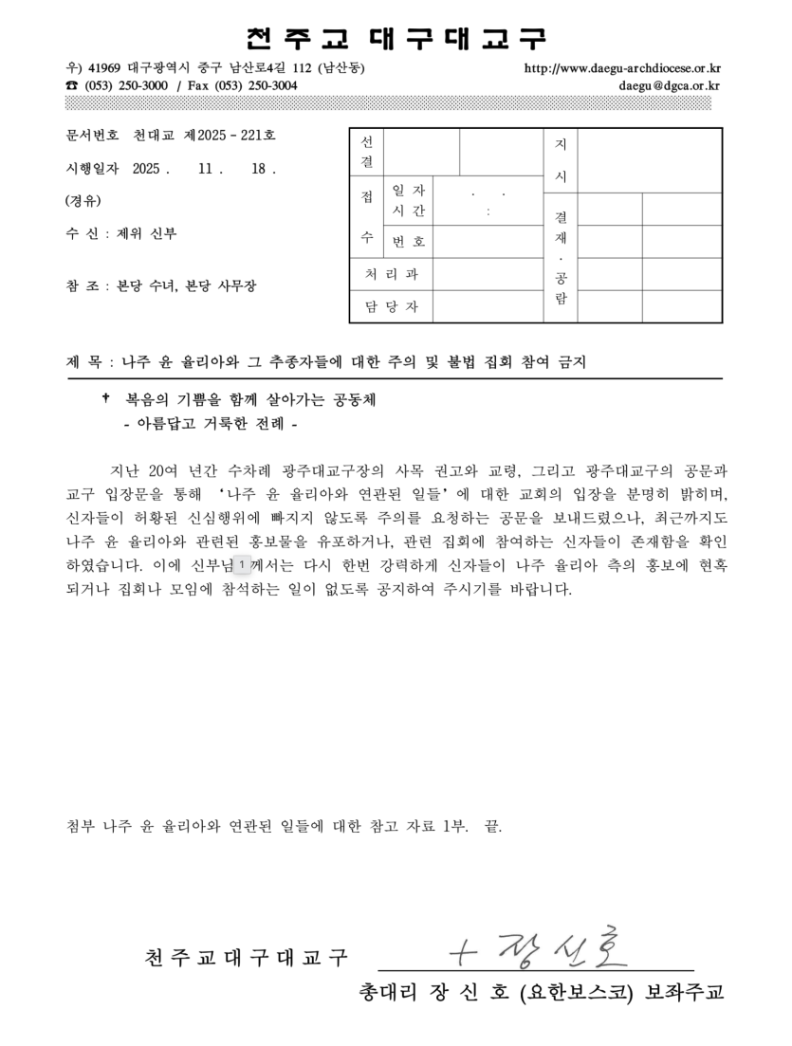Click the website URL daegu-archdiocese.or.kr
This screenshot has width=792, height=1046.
pyautogui.click(x=622, y=68)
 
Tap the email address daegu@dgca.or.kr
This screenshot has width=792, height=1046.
pyautogui.click(x=669, y=85)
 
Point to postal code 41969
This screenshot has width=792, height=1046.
pyautogui.click(x=104, y=68)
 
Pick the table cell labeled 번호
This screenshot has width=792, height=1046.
pyautogui.click(x=409, y=242)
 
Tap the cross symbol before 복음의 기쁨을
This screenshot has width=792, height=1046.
pyautogui.click(x=105, y=399)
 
